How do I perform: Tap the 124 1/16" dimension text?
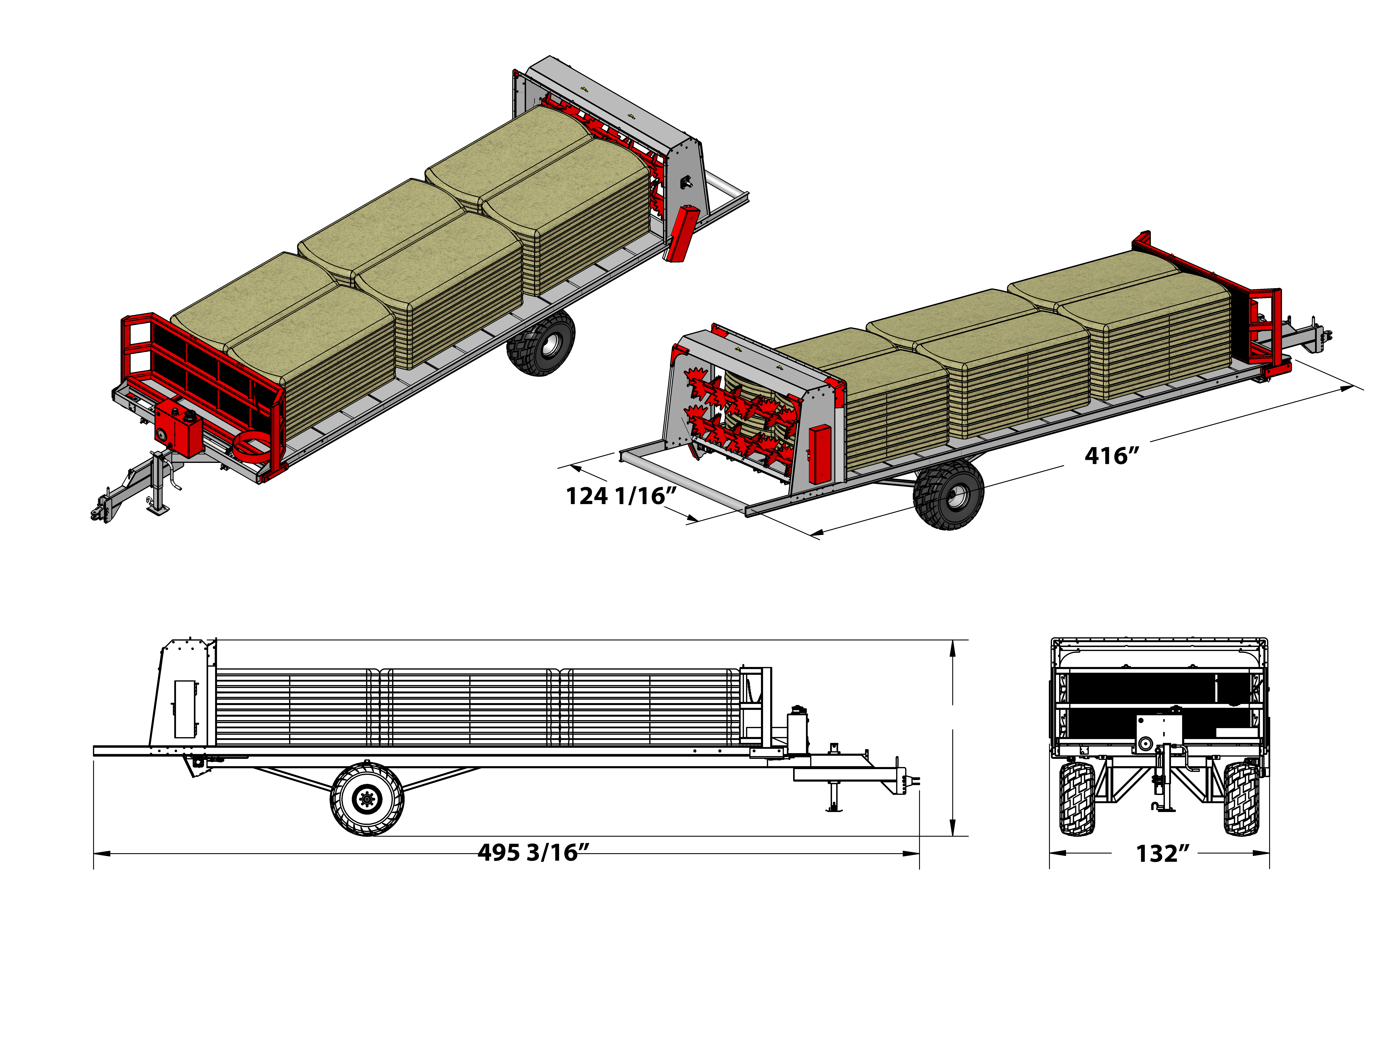[x=621, y=496]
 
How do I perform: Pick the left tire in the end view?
[x=1077, y=798]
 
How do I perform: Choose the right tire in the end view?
[x=1241, y=798]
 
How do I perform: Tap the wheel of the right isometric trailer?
[x=948, y=494]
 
